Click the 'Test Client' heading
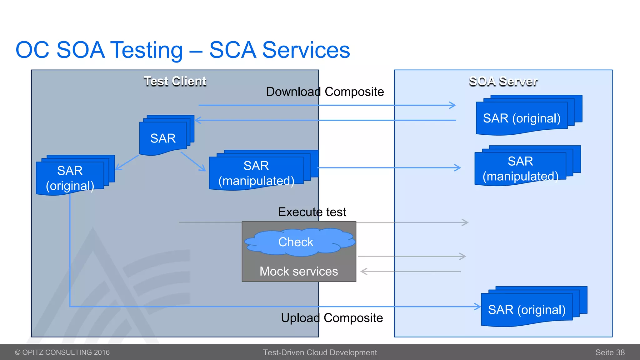pos(175,81)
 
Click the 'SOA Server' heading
pos(503,81)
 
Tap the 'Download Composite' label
pos(325,92)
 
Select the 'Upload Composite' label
pos(332,318)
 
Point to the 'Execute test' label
pos(312,212)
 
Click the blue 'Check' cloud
pos(296,242)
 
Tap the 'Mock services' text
pos(299,271)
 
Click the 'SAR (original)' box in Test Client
pos(70,178)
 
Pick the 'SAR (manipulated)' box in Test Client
pos(256,173)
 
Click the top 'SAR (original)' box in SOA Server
pos(522,118)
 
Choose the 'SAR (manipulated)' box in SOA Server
pos(520,169)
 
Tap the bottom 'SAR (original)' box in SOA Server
pos(527,310)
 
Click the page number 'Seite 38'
pos(610,352)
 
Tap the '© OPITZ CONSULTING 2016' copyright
pos(62,352)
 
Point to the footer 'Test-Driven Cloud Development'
pos(320,352)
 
